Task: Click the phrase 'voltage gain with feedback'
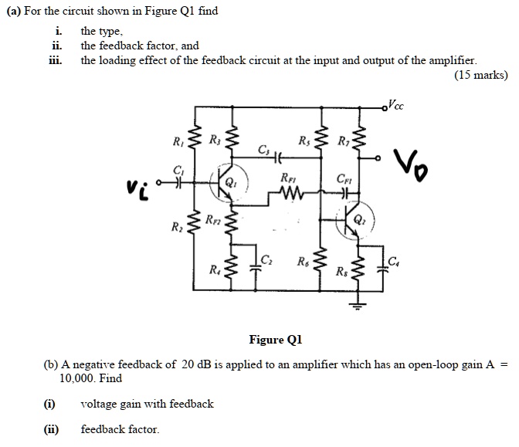(x=147, y=404)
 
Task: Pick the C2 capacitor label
(x=266, y=259)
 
